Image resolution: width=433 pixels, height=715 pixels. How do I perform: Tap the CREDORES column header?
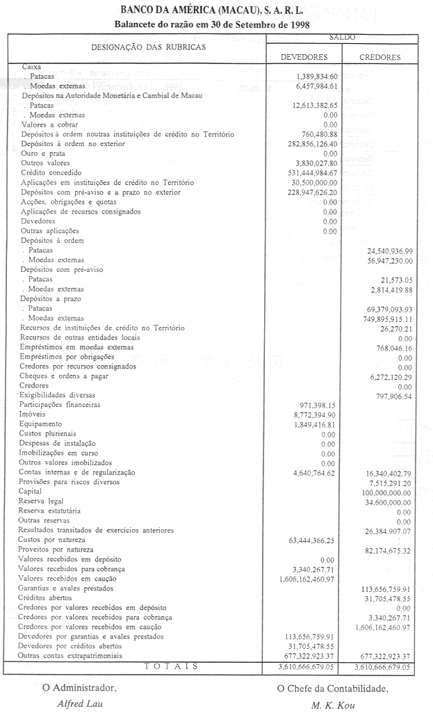pos(380,57)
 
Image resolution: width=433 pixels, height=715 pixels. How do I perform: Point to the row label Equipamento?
pos(42,424)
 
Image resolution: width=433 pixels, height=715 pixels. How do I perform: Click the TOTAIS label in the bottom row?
pos(170,666)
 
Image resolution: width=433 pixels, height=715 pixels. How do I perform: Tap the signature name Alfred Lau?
pos(81,702)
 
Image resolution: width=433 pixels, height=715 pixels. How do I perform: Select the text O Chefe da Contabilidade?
pos(332,689)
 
